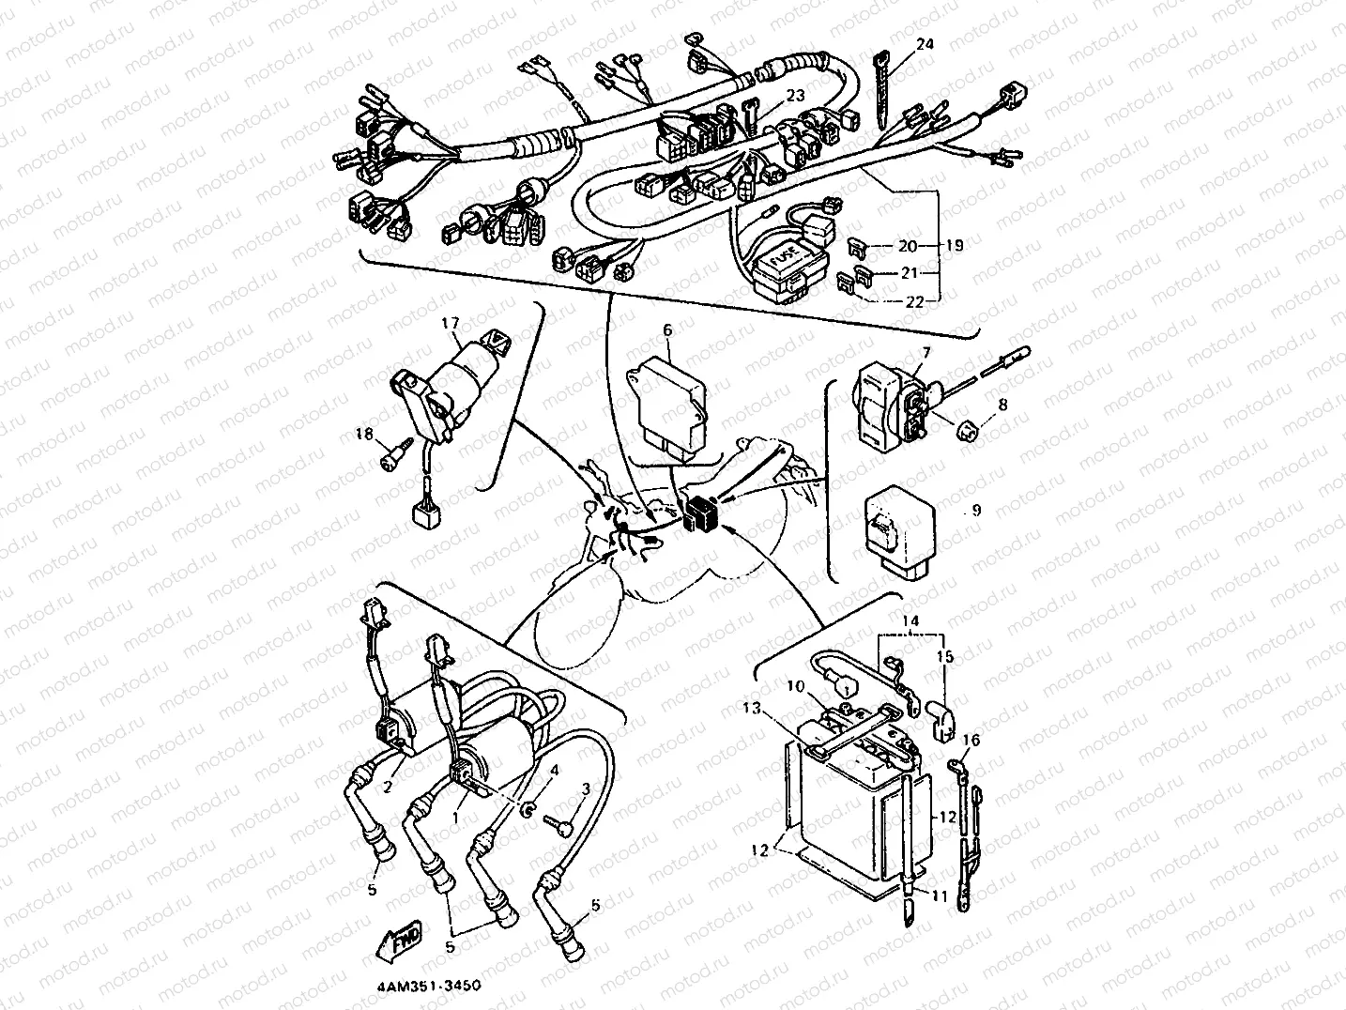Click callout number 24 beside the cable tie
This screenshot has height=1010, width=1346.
tap(925, 44)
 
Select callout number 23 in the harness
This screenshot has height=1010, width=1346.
tap(795, 96)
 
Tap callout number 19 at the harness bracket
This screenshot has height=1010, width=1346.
tap(954, 246)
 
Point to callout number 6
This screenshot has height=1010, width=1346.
tap(668, 329)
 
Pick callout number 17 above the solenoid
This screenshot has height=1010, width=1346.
tap(451, 325)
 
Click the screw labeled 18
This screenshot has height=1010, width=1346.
tap(390, 458)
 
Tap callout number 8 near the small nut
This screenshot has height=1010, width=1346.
tap(1002, 406)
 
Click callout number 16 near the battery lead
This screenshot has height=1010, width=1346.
tap(971, 741)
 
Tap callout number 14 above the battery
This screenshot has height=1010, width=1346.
tap(911, 620)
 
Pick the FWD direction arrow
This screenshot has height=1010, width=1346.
tap(400, 939)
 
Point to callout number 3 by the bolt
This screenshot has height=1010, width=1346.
tap(587, 788)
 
